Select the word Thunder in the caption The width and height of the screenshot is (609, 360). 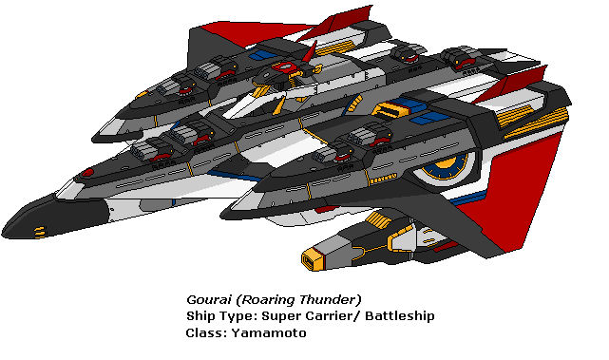pyautogui.click(x=331, y=298)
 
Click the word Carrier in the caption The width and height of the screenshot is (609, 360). pyautogui.click(x=325, y=316)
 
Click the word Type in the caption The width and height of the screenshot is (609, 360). pyautogui.click(x=238, y=316)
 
